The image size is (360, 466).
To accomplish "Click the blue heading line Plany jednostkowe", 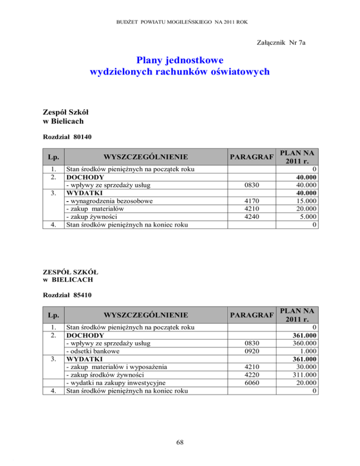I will tap(180, 60).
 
